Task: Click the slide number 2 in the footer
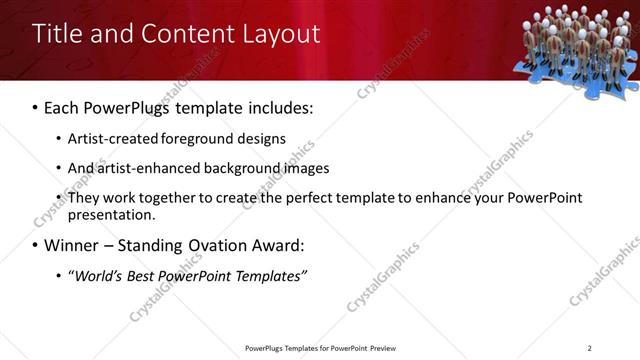(589, 347)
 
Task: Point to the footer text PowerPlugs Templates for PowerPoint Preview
(320, 347)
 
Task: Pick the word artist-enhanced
(148, 168)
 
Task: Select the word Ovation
(217, 245)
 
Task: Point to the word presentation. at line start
(111, 214)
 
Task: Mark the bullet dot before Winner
(36, 246)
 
